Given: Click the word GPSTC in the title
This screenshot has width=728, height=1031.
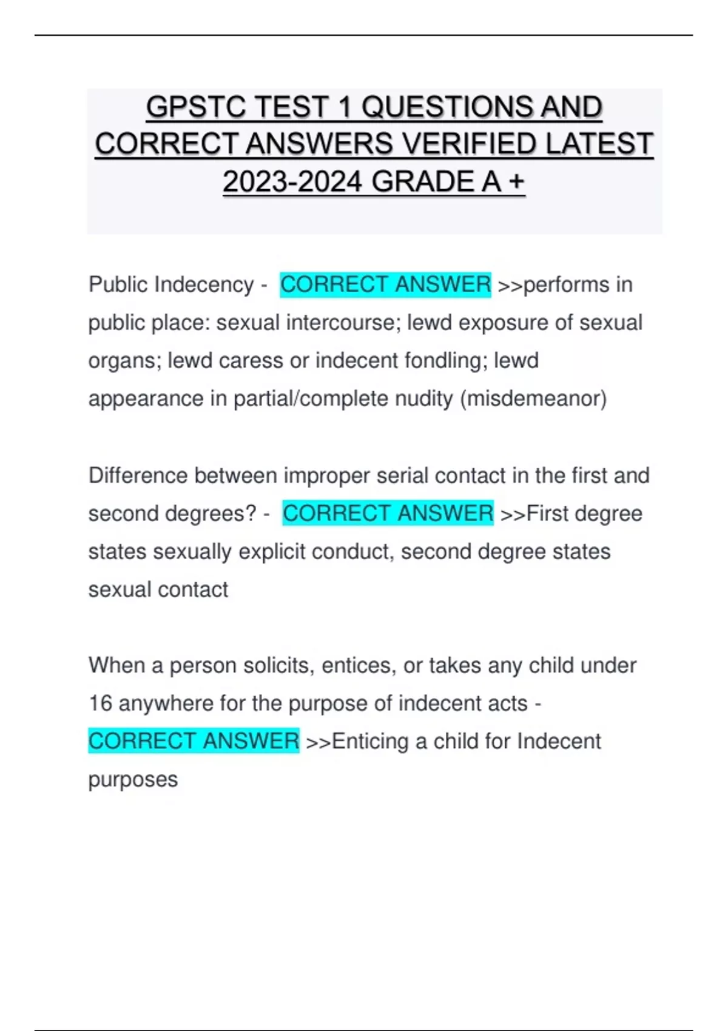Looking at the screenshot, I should click(x=197, y=107).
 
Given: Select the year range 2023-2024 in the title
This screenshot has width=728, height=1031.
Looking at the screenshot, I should click(x=292, y=181).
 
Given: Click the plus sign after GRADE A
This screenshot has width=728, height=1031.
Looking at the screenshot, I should click(x=517, y=181).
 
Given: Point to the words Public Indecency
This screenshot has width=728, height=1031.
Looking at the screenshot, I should click(x=171, y=284).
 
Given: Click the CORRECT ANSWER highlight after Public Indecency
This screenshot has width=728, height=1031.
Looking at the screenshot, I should click(x=385, y=284).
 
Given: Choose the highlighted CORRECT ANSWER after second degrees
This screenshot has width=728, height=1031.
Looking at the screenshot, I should click(x=388, y=514).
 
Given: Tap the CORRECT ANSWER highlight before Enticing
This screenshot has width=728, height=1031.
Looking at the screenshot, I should click(x=194, y=741).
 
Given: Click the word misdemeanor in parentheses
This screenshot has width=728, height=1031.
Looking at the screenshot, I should click(x=533, y=398).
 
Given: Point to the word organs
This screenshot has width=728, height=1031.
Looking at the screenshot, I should click(x=124, y=361).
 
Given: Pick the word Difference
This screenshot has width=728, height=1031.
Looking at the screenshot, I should click(x=138, y=475).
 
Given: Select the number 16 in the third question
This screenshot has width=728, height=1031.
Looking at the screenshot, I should click(x=101, y=704).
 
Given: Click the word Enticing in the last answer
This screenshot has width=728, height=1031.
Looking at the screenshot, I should click(x=370, y=741).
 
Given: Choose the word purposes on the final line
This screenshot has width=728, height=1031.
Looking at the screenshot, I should click(x=133, y=779).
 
